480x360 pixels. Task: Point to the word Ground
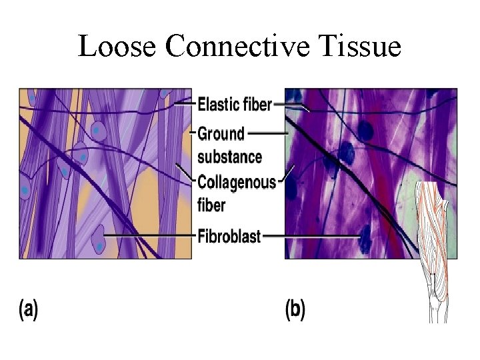tap(221, 135)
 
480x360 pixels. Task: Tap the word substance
tap(230, 157)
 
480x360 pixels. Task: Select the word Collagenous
tap(237, 182)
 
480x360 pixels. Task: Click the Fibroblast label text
tap(229, 236)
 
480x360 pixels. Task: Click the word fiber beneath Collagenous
tap(212, 205)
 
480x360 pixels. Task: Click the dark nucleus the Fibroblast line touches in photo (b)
tap(364, 234)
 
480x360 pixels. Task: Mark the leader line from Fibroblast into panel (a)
tap(150, 236)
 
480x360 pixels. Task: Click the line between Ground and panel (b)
tap(267, 133)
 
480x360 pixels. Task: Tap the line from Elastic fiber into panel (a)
tap(183, 104)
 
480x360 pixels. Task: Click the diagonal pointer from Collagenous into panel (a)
tap(185, 172)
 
